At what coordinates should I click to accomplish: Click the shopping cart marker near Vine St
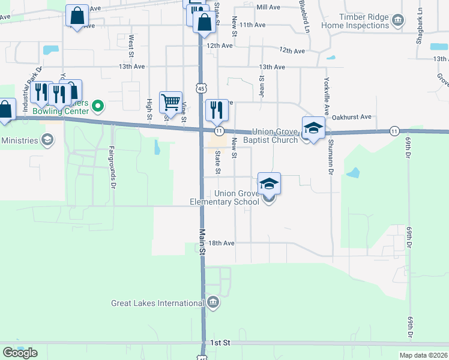[170, 101]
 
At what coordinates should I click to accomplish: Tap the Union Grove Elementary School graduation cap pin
[270, 183]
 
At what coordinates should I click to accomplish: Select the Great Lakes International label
[158, 303]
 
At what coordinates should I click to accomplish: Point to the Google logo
[20, 353]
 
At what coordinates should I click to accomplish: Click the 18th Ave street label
[221, 243]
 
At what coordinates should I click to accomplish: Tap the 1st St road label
[220, 342]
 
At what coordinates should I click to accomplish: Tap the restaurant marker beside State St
[217, 109]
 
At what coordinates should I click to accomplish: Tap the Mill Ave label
[268, 7]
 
